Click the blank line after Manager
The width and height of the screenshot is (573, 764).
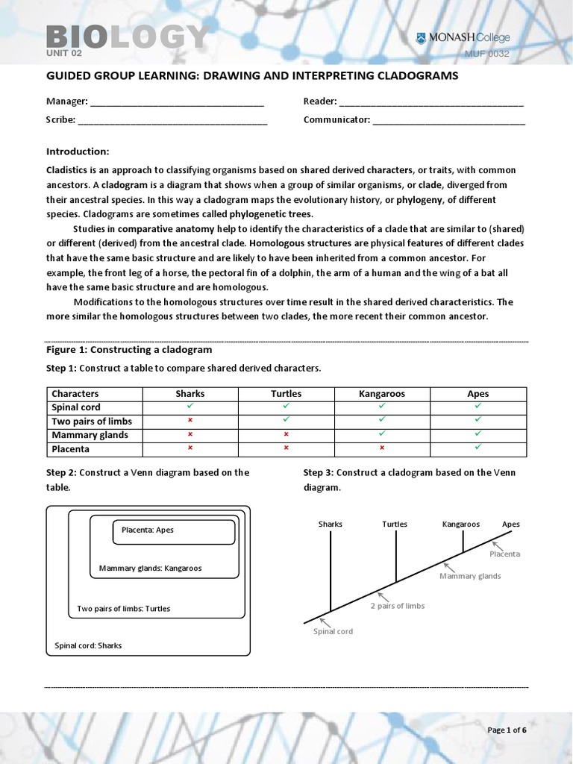pos(177,101)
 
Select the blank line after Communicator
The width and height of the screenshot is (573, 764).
pos(448,119)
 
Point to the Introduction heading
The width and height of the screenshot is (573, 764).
pos(78,151)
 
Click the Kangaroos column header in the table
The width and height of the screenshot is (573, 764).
pos(381,394)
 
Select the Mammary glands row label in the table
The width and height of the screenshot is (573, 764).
pos(90,435)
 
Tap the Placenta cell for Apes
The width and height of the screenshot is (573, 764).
pos(478,448)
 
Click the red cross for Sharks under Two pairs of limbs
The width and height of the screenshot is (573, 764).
pos(190,422)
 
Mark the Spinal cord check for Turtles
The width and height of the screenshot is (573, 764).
pos(286,407)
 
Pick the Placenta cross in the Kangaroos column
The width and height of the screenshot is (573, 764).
pos(381,448)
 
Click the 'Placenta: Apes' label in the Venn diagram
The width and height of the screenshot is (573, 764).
pos(147,530)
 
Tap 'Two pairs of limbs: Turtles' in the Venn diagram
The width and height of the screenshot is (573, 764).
pos(123,609)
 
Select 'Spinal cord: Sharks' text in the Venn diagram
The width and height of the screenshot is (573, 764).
pos(88,646)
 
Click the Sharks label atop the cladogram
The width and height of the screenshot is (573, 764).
pos(331,525)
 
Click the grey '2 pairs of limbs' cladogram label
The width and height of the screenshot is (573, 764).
pos(397,606)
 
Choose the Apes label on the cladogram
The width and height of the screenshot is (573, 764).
pos(510,525)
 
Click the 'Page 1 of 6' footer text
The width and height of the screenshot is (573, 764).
pos(507,730)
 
